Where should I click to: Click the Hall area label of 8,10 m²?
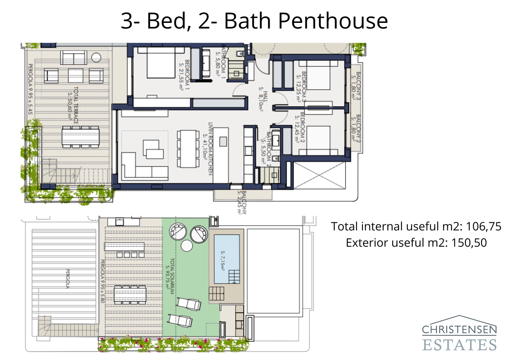263,99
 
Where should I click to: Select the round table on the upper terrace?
96,58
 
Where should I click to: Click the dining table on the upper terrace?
80,137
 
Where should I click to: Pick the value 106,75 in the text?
483,226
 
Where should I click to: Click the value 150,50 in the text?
469,243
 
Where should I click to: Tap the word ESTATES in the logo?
459,345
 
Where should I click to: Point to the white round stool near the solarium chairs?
186,246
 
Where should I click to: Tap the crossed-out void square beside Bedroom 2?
319,175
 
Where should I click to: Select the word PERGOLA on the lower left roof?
67,279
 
